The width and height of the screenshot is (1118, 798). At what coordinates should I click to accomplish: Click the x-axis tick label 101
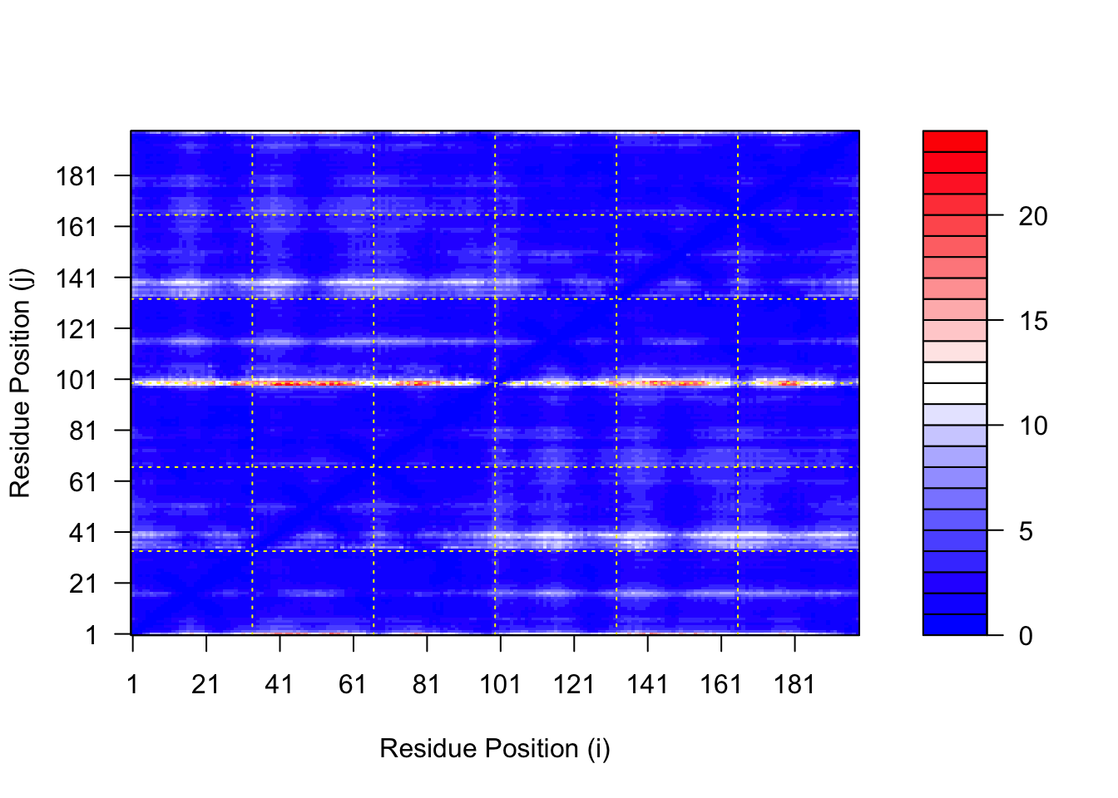pyautogui.click(x=500, y=684)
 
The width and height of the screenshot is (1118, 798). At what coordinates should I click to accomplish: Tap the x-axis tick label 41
pyautogui.click(x=279, y=684)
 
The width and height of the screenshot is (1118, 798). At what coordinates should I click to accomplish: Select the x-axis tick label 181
pyautogui.click(x=794, y=684)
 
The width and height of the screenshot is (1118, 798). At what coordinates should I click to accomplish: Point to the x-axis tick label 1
pyautogui.click(x=132, y=684)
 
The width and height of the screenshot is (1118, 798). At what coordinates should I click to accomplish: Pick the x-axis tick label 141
pyautogui.click(x=647, y=684)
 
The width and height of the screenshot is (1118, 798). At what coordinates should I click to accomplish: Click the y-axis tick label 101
pyautogui.click(x=77, y=380)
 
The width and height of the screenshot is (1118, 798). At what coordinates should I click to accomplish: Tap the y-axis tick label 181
pyautogui.click(x=77, y=176)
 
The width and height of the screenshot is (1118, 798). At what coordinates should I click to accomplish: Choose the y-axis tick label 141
pyautogui.click(x=77, y=278)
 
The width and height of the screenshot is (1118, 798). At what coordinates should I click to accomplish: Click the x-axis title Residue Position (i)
pyautogui.click(x=495, y=749)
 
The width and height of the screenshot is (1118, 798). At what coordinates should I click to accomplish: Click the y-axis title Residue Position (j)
pyautogui.click(x=20, y=383)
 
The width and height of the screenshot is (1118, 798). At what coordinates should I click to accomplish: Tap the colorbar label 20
pyautogui.click(x=1033, y=216)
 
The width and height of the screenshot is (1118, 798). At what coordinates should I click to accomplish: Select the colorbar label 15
pyautogui.click(x=1033, y=322)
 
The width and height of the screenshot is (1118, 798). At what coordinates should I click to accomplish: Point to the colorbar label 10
pyautogui.click(x=1033, y=426)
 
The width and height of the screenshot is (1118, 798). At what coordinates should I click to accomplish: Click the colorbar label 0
pyautogui.click(x=1026, y=636)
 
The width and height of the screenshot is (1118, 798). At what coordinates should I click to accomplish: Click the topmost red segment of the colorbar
pyautogui.click(x=955, y=141)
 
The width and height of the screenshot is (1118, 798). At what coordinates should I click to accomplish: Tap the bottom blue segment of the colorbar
pyautogui.click(x=955, y=624)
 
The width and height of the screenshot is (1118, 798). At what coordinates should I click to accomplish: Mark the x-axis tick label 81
pyautogui.click(x=427, y=684)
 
